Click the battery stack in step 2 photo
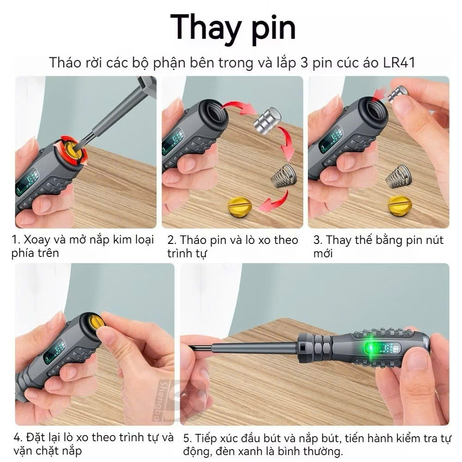pyautogui.click(x=267, y=120)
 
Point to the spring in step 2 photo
pyautogui.click(x=283, y=176)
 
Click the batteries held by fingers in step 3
pyautogui.click(x=398, y=94)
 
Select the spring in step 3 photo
pyautogui.click(x=399, y=176)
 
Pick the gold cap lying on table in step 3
pyautogui.click(x=399, y=205)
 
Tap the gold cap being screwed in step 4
pyautogui.click(x=96, y=322)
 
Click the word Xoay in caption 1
pyautogui.click(x=36, y=240)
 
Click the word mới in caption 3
pyautogui.click(x=323, y=253)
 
